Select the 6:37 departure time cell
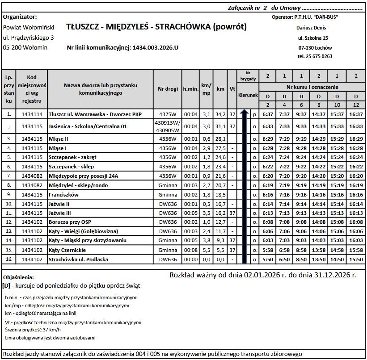click(x=268, y=114)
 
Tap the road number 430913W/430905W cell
click(x=168, y=126)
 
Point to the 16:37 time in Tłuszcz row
click(x=356, y=114)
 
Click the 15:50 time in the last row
click(x=356, y=260)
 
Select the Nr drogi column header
click(x=168, y=89)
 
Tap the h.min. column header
click(x=190, y=89)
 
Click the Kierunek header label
click(x=248, y=96)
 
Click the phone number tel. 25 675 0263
click(x=315, y=57)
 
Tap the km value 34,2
click(x=220, y=114)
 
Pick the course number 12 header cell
click(x=356, y=105)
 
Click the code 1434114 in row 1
click(x=32, y=114)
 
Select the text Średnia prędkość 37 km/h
click(x=30, y=330)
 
